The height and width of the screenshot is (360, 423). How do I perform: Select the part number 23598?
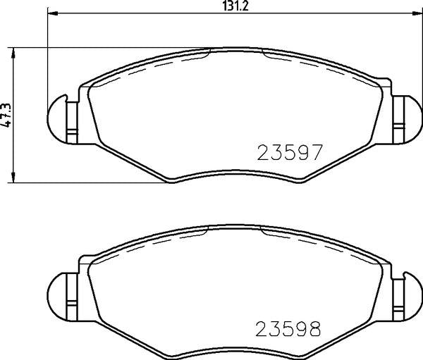[290, 328]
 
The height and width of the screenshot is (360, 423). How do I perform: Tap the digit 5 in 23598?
[290, 328]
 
